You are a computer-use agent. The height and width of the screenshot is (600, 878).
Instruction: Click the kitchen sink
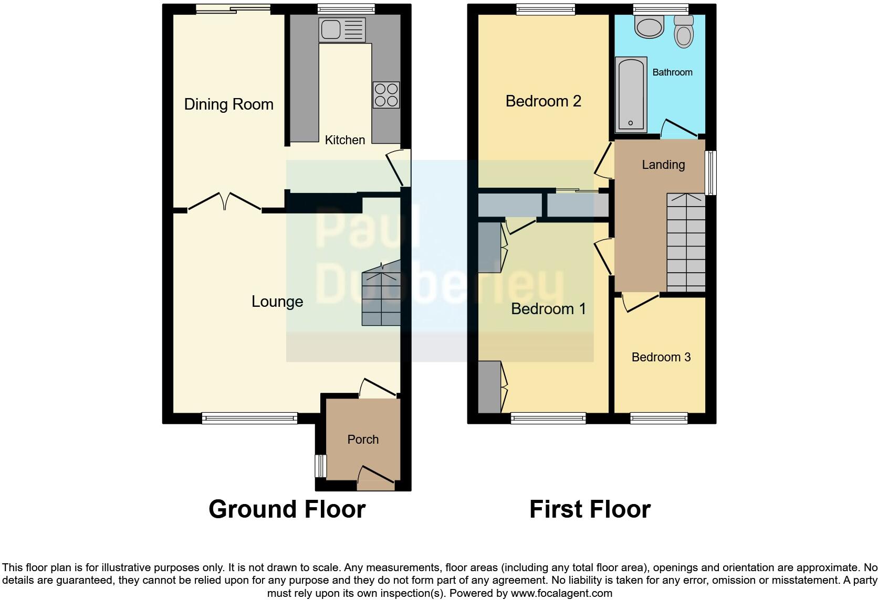tap(342, 30)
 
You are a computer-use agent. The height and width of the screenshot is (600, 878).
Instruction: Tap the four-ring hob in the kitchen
tap(386, 95)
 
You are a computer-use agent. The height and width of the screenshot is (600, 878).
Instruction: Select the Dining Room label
tap(228, 104)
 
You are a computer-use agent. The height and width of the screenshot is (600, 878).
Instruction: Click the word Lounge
tap(277, 302)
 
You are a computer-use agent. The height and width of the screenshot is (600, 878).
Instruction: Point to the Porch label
tap(363, 440)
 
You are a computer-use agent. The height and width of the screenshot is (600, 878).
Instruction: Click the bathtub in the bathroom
tap(631, 94)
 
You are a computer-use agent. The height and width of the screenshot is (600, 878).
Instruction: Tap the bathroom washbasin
tap(650, 27)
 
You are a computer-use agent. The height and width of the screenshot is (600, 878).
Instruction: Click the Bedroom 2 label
tap(543, 101)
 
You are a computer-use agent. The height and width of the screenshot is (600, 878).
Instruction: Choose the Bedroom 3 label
tap(661, 357)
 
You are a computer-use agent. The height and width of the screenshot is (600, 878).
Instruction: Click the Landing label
tap(663, 165)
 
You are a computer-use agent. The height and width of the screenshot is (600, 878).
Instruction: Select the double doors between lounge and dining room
tap(225, 202)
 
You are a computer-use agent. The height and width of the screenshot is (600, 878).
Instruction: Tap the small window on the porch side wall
tap(318, 466)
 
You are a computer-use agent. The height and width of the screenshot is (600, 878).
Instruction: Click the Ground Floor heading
tap(287, 509)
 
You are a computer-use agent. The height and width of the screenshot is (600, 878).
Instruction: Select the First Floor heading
tap(590, 509)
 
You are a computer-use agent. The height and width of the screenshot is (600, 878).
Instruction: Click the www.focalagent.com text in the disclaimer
tap(561, 594)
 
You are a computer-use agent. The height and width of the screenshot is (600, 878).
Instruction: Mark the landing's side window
tap(710, 173)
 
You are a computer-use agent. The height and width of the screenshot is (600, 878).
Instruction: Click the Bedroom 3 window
tap(659, 418)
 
